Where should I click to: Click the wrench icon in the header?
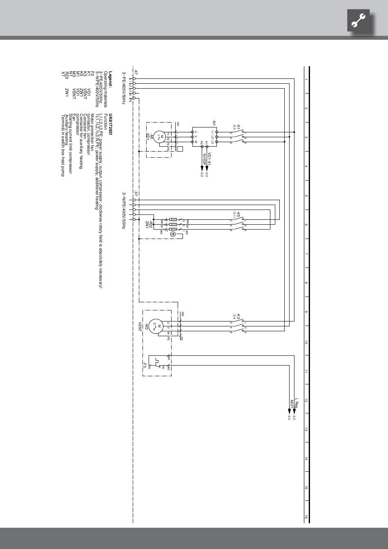tap(361, 20)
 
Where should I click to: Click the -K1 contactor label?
tap(238, 127)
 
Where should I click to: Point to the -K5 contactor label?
tap(238, 214)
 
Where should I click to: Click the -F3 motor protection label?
tap(145, 364)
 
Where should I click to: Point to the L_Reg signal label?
tap(297, 404)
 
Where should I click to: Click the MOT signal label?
tap(292, 404)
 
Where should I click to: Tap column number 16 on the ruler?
tap(306, 517)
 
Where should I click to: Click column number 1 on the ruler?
tap(306, 79)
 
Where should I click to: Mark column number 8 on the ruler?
tap(306, 283)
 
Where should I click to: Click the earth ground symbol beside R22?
tap(173, 234)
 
